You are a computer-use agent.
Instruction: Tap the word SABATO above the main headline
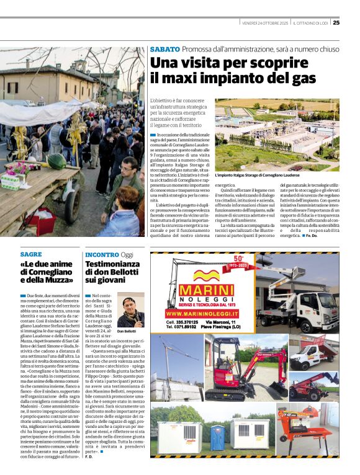pyautogui.click(x=165, y=49)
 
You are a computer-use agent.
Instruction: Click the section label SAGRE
pyautogui.click(x=31, y=254)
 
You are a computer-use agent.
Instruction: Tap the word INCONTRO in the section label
pyautogui.click(x=102, y=254)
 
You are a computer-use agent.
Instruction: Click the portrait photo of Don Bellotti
pyautogui.click(x=130, y=311)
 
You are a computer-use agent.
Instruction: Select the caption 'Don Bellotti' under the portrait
pyautogui.click(x=126, y=331)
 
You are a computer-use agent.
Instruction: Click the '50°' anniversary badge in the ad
pyautogui.click(x=239, y=261)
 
